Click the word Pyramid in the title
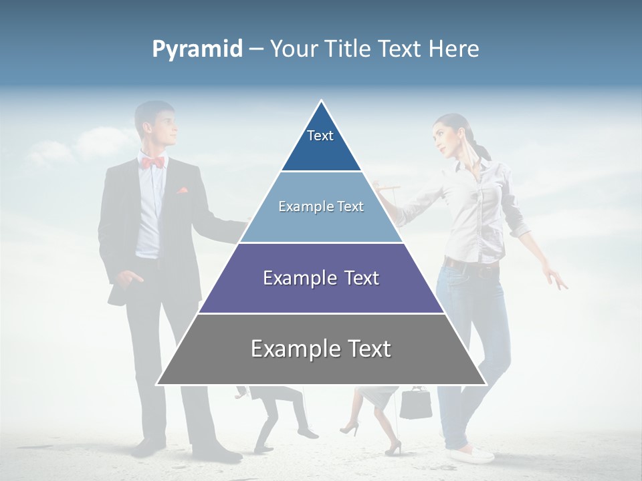(197, 49)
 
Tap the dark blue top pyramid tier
(321, 150)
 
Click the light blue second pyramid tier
(321, 224)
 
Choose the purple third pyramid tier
(321, 294)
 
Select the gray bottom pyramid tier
(321, 364)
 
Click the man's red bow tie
(153, 162)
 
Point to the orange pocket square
(183, 190)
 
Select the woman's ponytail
(479, 147)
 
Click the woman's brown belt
(471, 265)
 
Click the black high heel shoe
(350, 428)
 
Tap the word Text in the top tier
(320, 136)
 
